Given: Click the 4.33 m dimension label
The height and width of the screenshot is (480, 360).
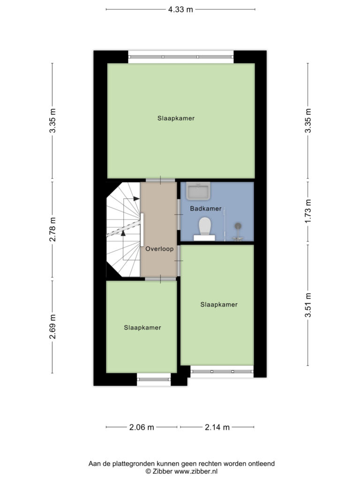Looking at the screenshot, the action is [x=180, y=9].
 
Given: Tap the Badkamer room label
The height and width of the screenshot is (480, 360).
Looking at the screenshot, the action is [x=205, y=209].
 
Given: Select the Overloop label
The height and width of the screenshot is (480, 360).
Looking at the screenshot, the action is [x=159, y=249].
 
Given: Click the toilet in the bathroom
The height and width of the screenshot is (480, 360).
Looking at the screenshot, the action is [x=204, y=229].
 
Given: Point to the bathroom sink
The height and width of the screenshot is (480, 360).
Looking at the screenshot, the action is [x=198, y=191].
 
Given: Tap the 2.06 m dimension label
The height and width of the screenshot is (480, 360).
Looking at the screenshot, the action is [x=142, y=427].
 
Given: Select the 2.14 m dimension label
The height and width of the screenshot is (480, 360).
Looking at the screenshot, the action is [x=217, y=427].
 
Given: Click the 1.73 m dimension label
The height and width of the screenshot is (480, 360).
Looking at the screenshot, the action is [x=308, y=211].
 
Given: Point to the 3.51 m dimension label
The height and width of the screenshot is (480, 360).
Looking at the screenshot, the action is [x=308, y=305].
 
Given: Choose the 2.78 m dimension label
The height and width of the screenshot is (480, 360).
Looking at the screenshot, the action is [x=52, y=229].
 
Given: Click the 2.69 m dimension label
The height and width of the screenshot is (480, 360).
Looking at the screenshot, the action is [x=52, y=327].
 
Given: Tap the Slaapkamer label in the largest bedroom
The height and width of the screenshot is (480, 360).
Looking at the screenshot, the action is [x=176, y=118].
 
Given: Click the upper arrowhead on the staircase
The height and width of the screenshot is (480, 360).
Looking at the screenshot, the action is [x=136, y=199].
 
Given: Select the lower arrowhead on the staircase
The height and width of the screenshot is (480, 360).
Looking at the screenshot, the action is [x=123, y=233].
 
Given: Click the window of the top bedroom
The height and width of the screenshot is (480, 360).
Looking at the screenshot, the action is [x=181, y=57].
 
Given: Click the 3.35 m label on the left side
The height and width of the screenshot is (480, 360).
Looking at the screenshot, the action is [x=52, y=121].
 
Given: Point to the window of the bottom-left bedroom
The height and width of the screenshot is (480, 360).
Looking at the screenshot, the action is [x=154, y=379].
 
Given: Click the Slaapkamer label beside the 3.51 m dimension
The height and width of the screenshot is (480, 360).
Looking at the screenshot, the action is [x=219, y=305].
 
